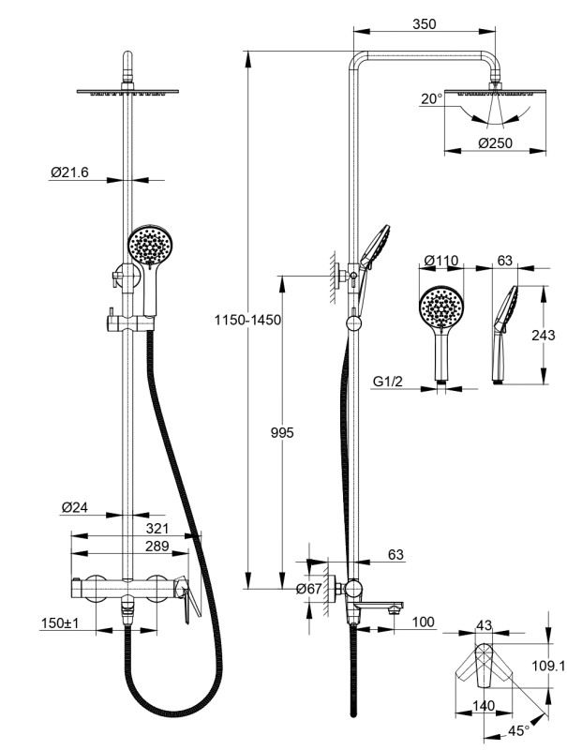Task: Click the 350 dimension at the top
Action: (423, 25)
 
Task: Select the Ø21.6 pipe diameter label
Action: (69, 172)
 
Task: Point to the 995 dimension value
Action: (282, 432)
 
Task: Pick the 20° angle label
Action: (431, 98)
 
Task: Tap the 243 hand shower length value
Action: (543, 335)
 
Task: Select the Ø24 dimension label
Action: (75, 507)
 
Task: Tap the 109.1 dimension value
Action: (548, 667)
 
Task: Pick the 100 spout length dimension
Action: (424, 622)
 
